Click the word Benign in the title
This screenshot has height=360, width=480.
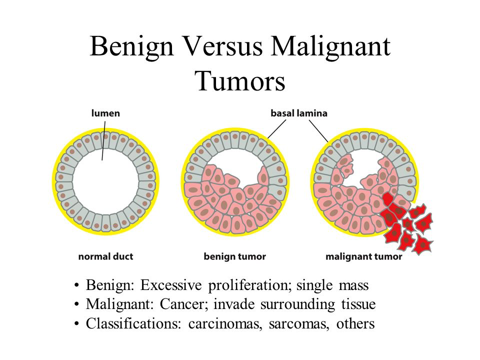coord(131,47)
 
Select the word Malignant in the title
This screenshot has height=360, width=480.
coord(330,47)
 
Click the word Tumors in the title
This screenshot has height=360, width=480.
coord(240,81)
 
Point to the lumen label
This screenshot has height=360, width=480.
coord(105,113)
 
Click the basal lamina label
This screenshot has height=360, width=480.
coord(299,113)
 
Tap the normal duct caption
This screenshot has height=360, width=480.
coord(105,256)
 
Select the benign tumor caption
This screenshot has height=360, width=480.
coord(235,256)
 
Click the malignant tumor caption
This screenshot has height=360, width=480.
coord(363,256)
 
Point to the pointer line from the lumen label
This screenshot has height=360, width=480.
coord(104,140)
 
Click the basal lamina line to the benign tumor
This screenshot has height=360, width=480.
coord(276,129)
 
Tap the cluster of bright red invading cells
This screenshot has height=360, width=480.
coord(407,224)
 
